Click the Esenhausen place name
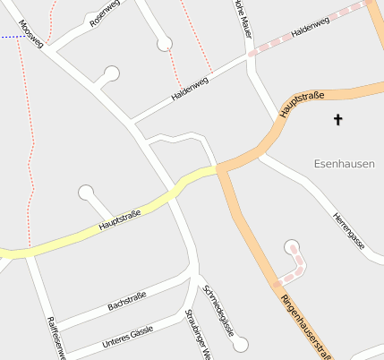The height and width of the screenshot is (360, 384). point(345,163)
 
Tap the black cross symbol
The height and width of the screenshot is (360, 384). point(338,119)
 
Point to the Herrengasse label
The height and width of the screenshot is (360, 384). point(349,230)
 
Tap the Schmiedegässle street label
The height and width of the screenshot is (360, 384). point(218,310)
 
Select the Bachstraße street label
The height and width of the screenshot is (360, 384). point(127,299)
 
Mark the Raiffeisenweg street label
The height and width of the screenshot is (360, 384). point(55,339)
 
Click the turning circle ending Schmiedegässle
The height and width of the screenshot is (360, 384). point(239,344)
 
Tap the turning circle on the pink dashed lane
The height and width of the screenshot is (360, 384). point(291,246)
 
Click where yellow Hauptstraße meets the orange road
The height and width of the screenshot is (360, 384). point(217,167)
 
